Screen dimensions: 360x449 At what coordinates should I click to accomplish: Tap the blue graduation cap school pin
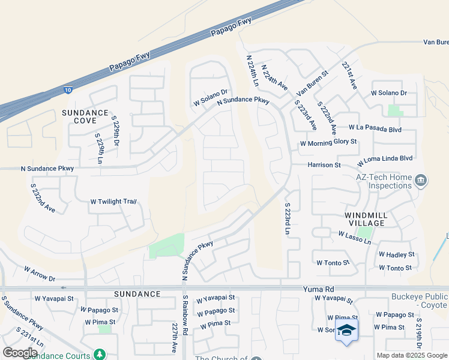(x=347, y=331)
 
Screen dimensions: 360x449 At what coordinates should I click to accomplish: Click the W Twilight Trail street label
(x=113, y=202)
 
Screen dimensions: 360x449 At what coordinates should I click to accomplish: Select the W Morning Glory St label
(x=328, y=143)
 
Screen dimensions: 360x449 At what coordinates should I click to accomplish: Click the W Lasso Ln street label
(x=355, y=238)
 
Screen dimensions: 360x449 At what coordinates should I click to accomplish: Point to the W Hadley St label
(x=396, y=254)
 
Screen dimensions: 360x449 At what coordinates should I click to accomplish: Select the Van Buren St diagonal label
(x=313, y=83)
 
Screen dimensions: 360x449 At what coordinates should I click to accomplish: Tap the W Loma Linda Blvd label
(x=385, y=160)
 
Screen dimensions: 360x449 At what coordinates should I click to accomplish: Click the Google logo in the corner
(x=20, y=352)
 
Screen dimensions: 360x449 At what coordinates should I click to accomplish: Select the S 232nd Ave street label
(x=43, y=198)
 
